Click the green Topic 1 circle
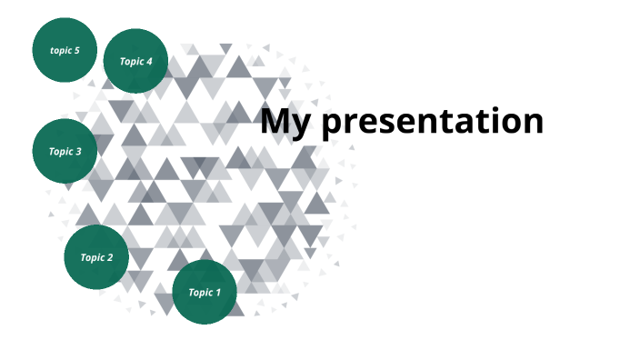(x=205, y=292)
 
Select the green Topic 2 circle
(x=96, y=257)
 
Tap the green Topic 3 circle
(x=65, y=151)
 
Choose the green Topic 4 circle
(x=136, y=61)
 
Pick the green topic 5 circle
(x=65, y=50)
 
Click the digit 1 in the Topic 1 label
(x=217, y=292)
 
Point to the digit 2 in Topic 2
(x=110, y=257)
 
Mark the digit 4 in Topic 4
(x=149, y=61)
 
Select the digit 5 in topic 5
(x=77, y=50)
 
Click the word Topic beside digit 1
(x=199, y=292)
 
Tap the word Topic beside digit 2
(x=92, y=257)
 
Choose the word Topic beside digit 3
(x=60, y=151)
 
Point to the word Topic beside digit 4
(x=131, y=61)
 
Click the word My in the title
(x=286, y=122)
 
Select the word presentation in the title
(x=433, y=122)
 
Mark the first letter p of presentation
(x=333, y=125)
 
